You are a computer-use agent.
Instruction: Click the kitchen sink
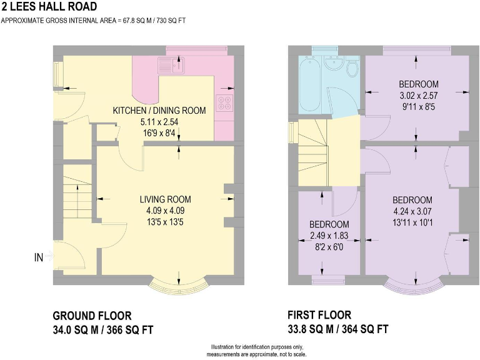(171, 65)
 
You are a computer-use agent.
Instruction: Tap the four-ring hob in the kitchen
(224, 102)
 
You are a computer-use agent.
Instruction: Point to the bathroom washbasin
(333, 64)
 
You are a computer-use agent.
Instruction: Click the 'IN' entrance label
(39, 257)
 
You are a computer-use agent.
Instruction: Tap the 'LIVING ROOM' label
(165, 199)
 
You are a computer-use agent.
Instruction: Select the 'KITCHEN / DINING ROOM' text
(159, 111)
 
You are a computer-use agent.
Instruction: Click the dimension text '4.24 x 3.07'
(412, 211)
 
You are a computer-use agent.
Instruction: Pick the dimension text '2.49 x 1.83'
(329, 236)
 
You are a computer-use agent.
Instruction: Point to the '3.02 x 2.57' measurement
(419, 96)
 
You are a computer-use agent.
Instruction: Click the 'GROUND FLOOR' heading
(92, 316)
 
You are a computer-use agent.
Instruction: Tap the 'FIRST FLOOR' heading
(319, 315)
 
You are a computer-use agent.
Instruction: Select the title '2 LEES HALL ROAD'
(49, 6)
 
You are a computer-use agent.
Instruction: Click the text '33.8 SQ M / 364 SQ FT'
(338, 329)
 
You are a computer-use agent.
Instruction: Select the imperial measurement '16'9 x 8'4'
(159, 133)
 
